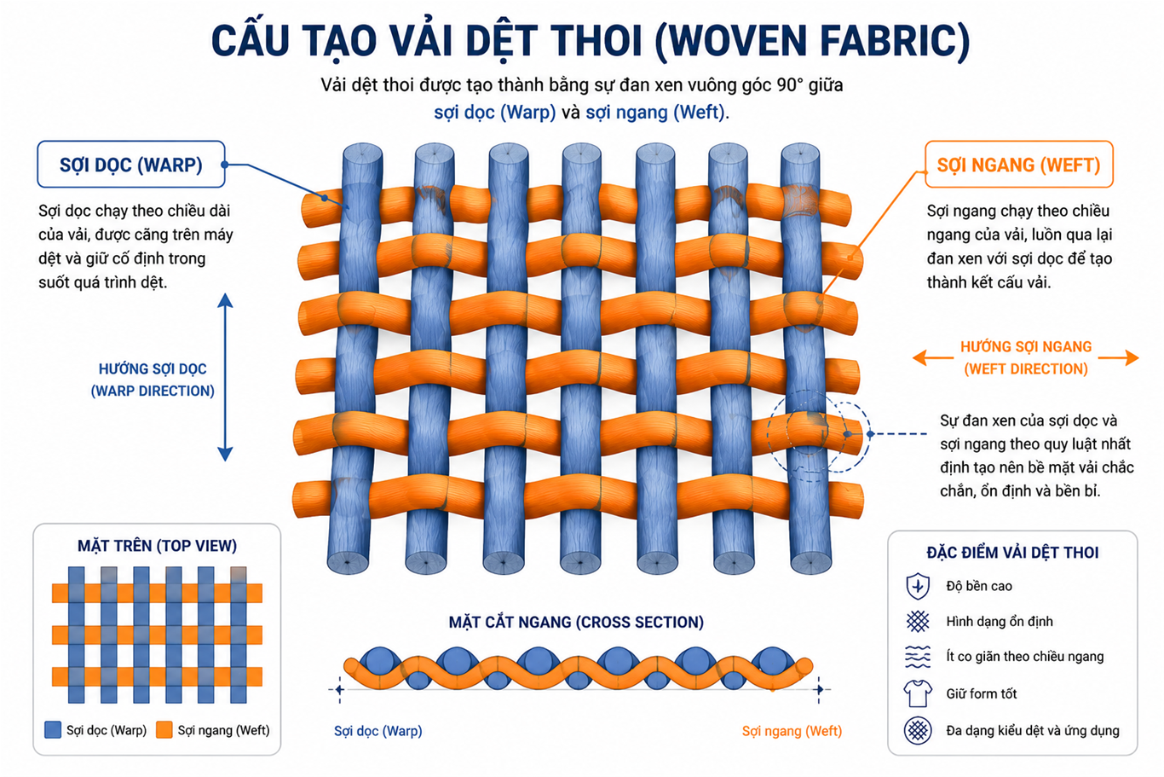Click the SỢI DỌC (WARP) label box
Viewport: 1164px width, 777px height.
[x=131, y=165]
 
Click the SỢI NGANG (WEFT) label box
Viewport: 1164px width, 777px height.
[x=1018, y=165]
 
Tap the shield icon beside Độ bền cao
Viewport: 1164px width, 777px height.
[x=918, y=586]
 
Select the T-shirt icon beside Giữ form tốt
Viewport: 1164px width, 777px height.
[x=918, y=693]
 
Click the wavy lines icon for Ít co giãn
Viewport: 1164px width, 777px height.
[x=918, y=657]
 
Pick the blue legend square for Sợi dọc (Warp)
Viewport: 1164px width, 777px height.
[x=53, y=730]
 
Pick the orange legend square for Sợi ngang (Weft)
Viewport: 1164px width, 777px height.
[x=164, y=730]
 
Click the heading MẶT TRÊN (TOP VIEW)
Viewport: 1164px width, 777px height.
[x=157, y=546]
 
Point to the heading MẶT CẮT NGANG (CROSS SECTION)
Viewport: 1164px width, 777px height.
[x=576, y=622]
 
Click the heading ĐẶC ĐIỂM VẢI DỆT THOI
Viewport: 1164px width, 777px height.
[x=1012, y=553]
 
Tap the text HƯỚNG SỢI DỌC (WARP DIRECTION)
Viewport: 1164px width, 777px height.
[x=153, y=380]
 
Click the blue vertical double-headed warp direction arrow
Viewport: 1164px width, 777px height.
[x=225, y=377]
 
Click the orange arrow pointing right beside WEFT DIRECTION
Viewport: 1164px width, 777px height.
[x=1118, y=358]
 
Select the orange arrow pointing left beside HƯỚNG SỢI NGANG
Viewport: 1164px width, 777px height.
[x=933, y=358]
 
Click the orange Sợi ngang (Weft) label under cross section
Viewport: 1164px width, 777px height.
[x=792, y=731]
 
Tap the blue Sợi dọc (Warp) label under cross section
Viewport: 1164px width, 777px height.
[x=377, y=731]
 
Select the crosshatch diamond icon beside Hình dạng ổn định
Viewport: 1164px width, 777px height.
[x=918, y=621]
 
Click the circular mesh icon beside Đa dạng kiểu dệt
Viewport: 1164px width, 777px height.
[x=918, y=730]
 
